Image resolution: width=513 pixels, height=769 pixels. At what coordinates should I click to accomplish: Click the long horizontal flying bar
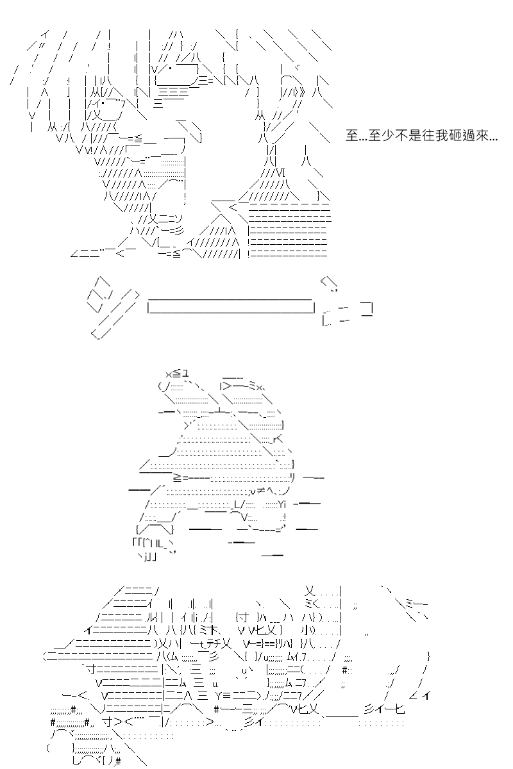coord(231,306)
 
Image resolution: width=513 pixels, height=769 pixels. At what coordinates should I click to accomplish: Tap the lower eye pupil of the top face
coord(103,102)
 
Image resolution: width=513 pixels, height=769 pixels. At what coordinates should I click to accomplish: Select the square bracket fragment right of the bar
coord(367,309)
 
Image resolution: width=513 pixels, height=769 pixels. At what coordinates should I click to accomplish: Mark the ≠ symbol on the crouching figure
coord(260,492)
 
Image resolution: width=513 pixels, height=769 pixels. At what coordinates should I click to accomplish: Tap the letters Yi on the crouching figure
coord(281,504)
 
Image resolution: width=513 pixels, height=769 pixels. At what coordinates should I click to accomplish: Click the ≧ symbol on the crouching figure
coord(178,477)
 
